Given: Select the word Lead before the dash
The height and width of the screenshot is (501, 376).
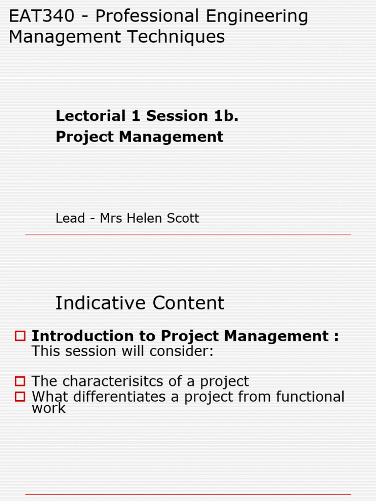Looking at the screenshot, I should click(x=70, y=218).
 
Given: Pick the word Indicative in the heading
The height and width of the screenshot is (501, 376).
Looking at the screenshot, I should click(x=101, y=303).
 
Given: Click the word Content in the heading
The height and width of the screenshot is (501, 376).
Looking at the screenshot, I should click(x=188, y=303).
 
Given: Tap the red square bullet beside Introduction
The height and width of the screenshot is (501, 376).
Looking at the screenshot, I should click(x=20, y=336).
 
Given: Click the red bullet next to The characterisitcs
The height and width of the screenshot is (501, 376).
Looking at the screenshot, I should click(x=20, y=381).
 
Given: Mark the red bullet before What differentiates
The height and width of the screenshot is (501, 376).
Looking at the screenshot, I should click(x=20, y=397).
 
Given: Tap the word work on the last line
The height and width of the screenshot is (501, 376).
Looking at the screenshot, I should click(x=48, y=409).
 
